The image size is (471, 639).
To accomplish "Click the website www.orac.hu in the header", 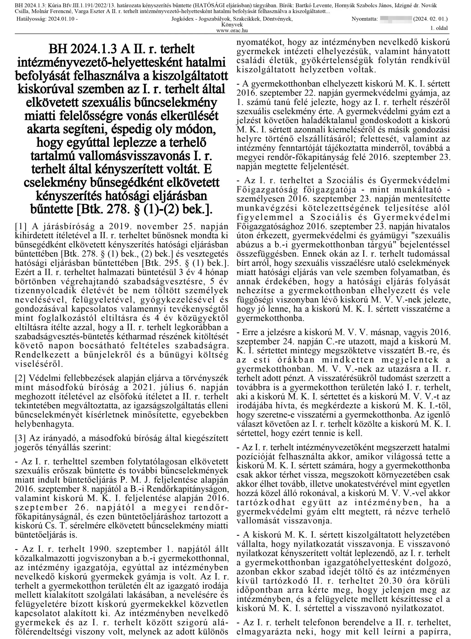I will click(x=232, y=31).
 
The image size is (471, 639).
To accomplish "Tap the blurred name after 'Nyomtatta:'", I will click(x=396, y=19).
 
